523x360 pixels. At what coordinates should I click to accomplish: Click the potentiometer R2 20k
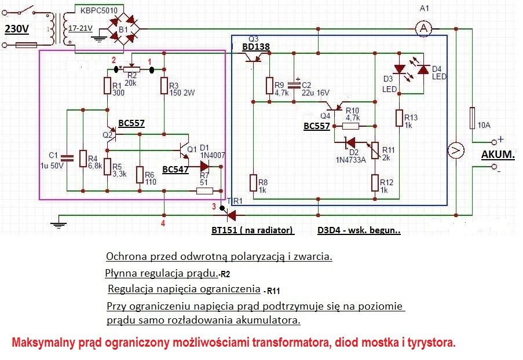click(132, 71)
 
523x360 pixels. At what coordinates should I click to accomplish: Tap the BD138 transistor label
click(255, 46)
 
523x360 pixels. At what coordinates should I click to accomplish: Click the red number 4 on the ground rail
click(163, 223)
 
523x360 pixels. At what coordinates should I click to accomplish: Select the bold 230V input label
click(17, 29)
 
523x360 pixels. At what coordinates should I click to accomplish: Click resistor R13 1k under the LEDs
click(399, 117)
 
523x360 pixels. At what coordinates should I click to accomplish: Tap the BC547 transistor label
click(176, 170)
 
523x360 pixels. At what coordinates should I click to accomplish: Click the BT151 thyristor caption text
click(253, 230)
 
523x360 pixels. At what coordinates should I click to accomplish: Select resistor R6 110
click(140, 174)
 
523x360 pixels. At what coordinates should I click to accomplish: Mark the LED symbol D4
click(423, 69)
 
